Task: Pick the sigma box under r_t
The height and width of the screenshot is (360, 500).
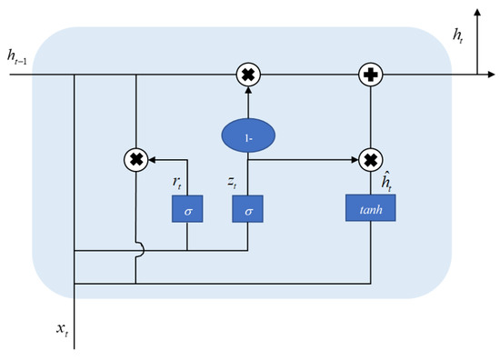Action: click(x=186, y=209)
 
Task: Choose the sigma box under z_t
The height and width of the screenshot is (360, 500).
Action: click(x=248, y=209)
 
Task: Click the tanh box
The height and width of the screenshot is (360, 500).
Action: click(x=370, y=209)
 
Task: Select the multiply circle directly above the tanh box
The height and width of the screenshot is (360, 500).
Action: click(x=370, y=161)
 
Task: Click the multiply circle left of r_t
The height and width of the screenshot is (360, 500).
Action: click(x=135, y=161)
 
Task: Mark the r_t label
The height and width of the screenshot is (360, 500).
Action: click(x=178, y=181)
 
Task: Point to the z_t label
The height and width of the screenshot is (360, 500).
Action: click(x=234, y=181)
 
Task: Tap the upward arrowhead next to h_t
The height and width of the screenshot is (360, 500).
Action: click(x=477, y=15)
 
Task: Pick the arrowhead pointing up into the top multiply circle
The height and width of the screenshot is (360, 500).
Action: click(x=248, y=91)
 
